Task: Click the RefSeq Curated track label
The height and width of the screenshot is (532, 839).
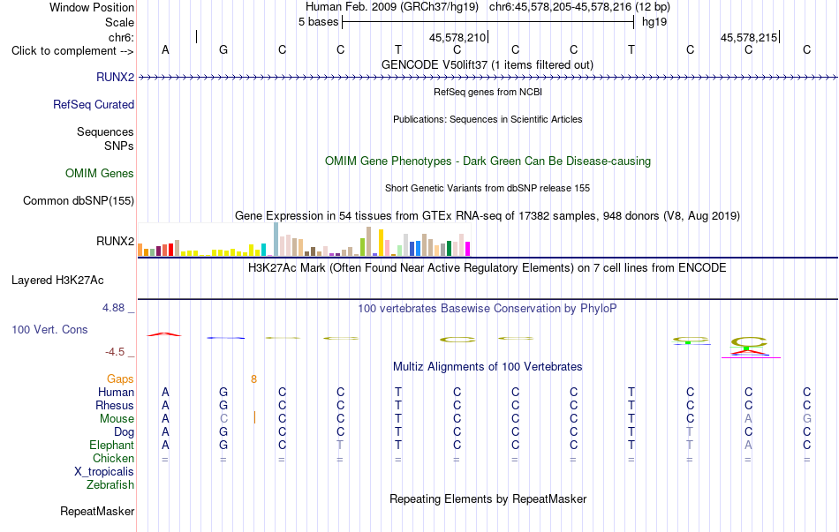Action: coord(94,104)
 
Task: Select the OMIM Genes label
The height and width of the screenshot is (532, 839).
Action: coord(100,173)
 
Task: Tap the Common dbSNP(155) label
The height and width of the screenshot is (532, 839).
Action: coord(79,200)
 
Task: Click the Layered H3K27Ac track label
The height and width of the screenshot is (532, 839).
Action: coord(57,281)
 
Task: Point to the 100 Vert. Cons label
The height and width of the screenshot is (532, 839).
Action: coord(49,329)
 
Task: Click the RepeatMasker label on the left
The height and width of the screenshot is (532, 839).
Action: coord(97,511)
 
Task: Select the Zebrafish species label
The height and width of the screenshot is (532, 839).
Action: coord(110,485)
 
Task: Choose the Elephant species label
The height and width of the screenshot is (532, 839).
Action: coord(112,445)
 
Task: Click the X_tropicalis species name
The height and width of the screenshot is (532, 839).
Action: coord(104,472)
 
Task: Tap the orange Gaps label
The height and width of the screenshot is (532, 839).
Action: coord(120,378)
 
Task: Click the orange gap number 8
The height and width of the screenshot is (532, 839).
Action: coord(253,379)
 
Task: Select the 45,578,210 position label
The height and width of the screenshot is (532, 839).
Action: coord(457,37)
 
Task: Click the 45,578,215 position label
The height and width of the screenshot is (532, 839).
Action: coord(749,37)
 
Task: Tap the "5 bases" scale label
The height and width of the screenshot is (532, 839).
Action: coord(318,22)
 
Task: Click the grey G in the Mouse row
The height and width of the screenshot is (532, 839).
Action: coord(807,419)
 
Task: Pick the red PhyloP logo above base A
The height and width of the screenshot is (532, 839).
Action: coord(165,334)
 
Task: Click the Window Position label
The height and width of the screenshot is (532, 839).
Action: coord(92,7)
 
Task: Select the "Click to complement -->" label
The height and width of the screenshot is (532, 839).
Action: coord(72,51)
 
